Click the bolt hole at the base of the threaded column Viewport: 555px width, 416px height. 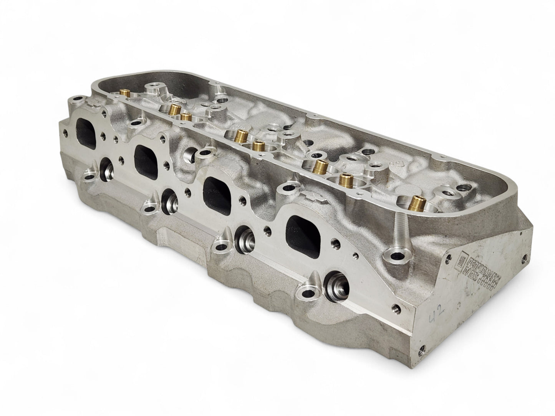pyautogui.click(x=396, y=255)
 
